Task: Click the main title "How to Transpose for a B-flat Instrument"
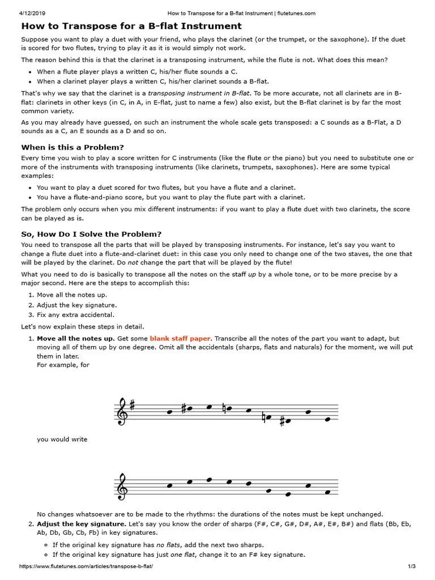point(131,26)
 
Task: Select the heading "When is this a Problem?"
point(72,147)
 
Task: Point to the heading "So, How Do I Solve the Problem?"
point(91,234)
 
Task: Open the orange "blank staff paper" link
point(180,338)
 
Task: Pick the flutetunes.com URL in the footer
point(86,566)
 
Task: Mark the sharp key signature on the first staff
point(132,405)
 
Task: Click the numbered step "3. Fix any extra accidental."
point(71,315)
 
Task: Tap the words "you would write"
point(62,439)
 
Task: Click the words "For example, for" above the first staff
point(63,365)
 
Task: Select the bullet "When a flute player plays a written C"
point(137,72)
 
